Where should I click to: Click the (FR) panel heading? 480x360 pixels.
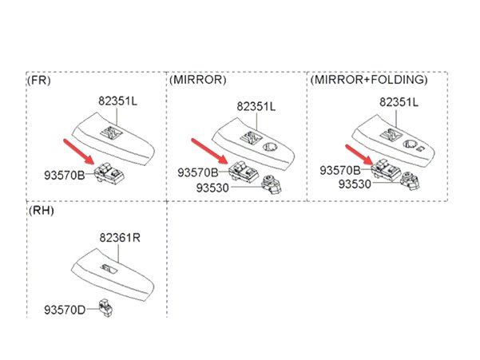point(39,81)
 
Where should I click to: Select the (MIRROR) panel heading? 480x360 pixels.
point(197,81)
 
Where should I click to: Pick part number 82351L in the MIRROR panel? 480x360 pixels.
point(256,105)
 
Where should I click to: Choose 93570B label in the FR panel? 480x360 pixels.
point(64,172)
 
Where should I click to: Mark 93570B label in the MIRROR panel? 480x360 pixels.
point(197,172)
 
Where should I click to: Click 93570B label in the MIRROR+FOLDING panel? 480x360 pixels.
point(339,170)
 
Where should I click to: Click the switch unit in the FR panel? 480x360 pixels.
point(109,173)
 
